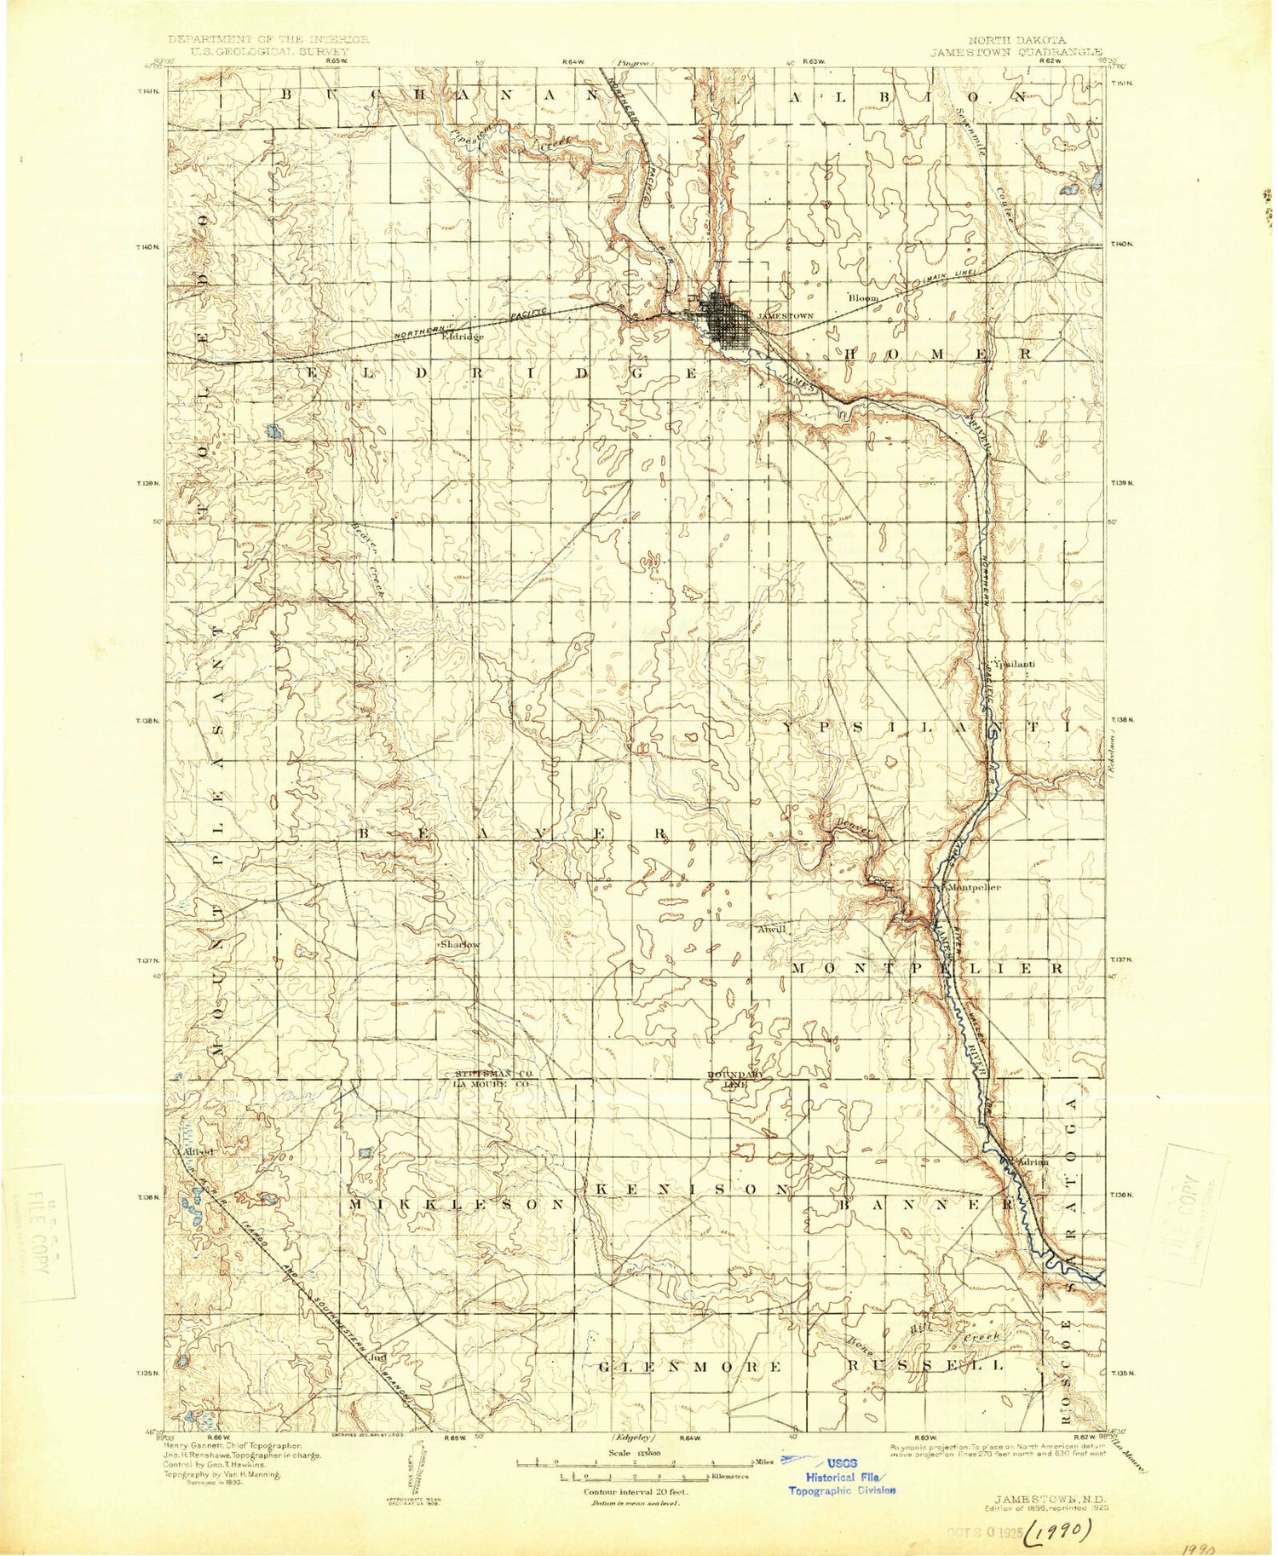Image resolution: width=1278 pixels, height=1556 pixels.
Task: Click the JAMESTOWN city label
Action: (x=786, y=315)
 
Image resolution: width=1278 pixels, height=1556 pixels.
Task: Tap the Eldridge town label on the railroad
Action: (x=463, y=337)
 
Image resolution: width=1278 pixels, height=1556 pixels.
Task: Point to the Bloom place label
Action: (x=863, y=298)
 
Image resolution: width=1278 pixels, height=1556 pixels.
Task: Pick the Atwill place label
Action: (x=771, y=930)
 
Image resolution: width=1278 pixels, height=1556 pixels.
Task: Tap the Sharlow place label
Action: (x=459, y=945)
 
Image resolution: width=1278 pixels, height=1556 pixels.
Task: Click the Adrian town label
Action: (x=1032, y=1161)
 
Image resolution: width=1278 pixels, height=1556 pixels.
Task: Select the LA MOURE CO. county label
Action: (x=492, y=1084)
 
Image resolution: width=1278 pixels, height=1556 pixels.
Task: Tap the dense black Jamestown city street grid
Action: (x=727, y=320)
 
